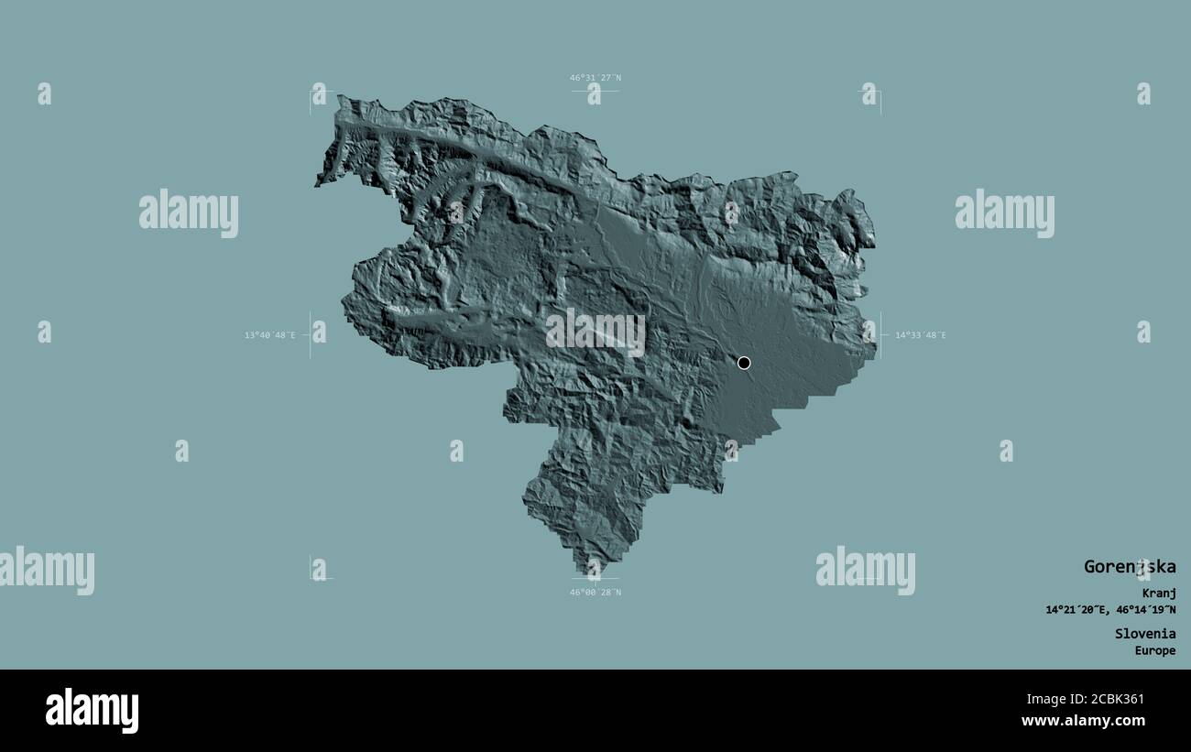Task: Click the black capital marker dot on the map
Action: [744, 363]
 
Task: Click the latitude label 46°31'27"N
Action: [595, 78]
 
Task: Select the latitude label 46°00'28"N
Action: [595, 592]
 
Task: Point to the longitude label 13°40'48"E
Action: [269, 335]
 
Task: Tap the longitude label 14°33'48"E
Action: [921, 335]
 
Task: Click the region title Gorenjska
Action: [1129, 566]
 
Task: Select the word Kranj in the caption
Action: [1158, 593]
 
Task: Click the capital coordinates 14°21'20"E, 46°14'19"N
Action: [1110, 610]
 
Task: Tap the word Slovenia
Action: [1144, 633]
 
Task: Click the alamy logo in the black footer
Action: [92, 711]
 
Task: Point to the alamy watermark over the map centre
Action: [595, 332]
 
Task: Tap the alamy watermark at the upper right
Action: [1004, 213]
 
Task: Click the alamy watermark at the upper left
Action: [189, 213]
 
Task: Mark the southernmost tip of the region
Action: [585, 572]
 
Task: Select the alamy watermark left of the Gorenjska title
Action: [865, 570]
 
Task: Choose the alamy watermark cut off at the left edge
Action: [47, 570]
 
